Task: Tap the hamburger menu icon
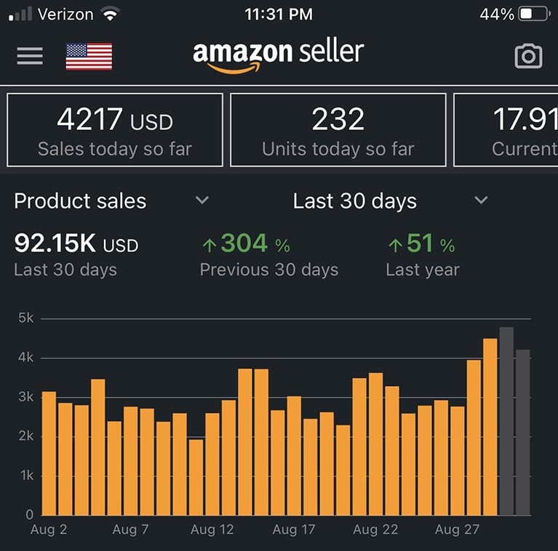[x=30, y=55]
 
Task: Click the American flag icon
[x=89, y=56]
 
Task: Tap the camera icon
[x=528, y=56]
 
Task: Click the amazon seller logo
[x=278, y=55]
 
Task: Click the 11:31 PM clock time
[x=279, y=15]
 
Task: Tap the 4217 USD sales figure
[x=114, y=119]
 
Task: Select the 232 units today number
[x=338, y=119]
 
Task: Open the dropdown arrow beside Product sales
[x=202, y=201]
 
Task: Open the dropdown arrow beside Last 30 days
[x=481, y=201]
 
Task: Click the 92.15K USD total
[x=76, y=244]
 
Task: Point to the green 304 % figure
[x=245, y=244]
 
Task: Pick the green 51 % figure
[x=421, y=244]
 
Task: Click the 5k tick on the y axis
[x=25, y=318]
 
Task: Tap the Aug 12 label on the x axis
[x=212, y=530]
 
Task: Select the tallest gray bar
[x=506, y=422]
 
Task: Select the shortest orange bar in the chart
[x=196, y=477]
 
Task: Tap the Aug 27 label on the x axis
[x=457, y=530]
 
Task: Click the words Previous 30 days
[x=269, y=270]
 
